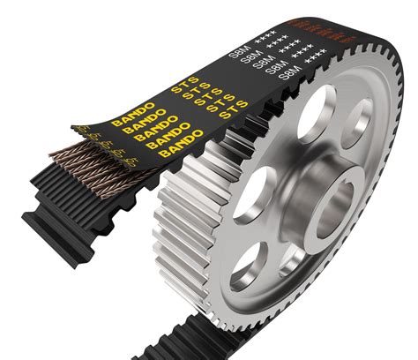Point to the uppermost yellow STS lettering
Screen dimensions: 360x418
(x=186, y=87)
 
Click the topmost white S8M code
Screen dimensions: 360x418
(x=239, y=52)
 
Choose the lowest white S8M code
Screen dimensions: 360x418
(x=292, y=79)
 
